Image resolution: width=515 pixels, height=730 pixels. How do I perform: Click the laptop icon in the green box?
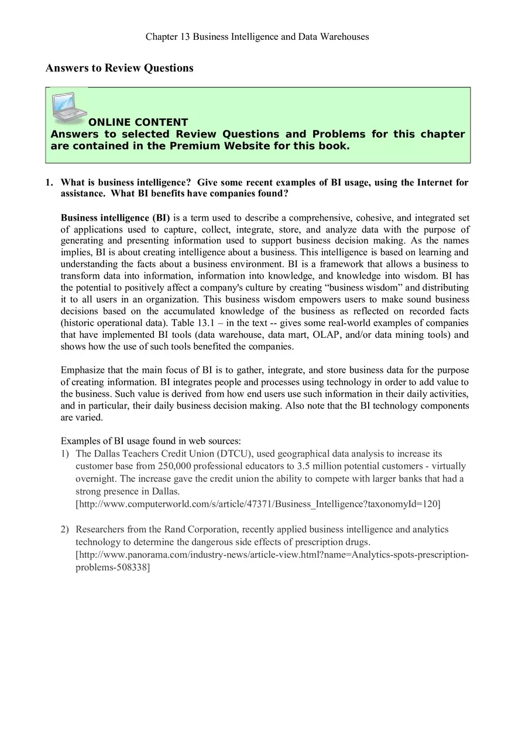coord(68,105)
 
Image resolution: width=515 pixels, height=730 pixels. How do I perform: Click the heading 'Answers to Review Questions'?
coord(119,68)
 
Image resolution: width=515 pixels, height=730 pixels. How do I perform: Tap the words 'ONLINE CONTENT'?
coord(138,122)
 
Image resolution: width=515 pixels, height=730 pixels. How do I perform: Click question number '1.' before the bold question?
coord(50,183)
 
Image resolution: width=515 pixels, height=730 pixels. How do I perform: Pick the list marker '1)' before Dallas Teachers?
coord(65,454)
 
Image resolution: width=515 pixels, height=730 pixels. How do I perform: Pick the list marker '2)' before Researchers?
coord(65,529)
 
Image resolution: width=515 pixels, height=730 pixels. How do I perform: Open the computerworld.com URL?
coord(257,503)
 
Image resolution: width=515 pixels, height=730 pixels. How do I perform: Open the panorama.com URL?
coord(272,555)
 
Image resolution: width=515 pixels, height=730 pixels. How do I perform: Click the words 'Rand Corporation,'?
coord(201,529)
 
